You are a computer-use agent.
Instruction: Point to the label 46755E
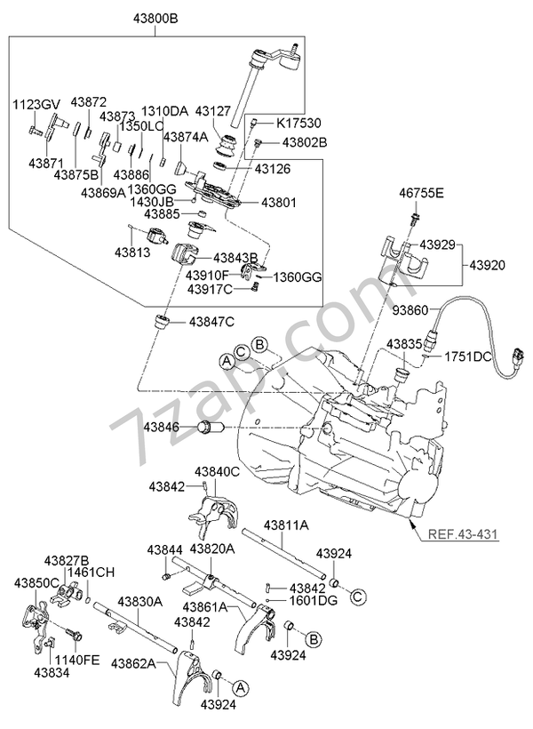point(420,192)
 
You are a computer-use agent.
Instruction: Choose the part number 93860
point(410,309)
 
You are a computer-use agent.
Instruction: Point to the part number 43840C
point(217,470)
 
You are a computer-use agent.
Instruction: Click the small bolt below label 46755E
point(414,218)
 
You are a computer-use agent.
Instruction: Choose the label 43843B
point(234,259)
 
